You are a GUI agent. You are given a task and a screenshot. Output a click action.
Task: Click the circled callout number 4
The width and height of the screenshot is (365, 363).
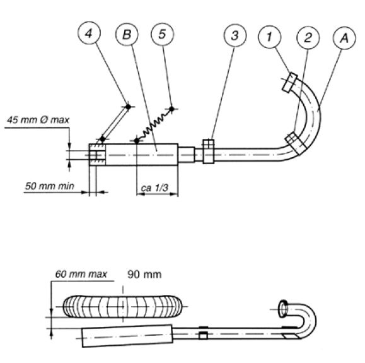click(x=89, y=33)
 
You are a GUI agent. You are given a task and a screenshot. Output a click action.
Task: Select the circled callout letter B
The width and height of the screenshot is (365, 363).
click(x=127, y=34)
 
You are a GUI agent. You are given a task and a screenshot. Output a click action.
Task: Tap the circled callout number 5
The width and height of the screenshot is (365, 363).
click(x=163, y=34)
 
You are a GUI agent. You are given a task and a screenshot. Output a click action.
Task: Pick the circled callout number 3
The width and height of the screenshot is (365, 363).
click(x=235, y=35)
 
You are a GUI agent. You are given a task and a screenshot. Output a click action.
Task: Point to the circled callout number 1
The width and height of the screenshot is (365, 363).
click(x=270, y=37)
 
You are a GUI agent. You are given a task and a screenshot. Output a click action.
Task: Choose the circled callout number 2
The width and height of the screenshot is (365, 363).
click(x=308, y=38)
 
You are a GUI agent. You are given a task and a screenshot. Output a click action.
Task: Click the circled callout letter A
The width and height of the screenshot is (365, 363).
click(x=345, y=38)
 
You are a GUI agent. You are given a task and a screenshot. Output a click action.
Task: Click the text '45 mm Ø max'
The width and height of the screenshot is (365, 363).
click(x=38, y=120)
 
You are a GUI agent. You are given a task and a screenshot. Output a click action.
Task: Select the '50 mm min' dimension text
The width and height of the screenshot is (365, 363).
click(x=50, y=186)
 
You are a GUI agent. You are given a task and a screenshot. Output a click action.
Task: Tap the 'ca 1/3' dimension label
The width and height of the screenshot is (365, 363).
click(x=154, y=187)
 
